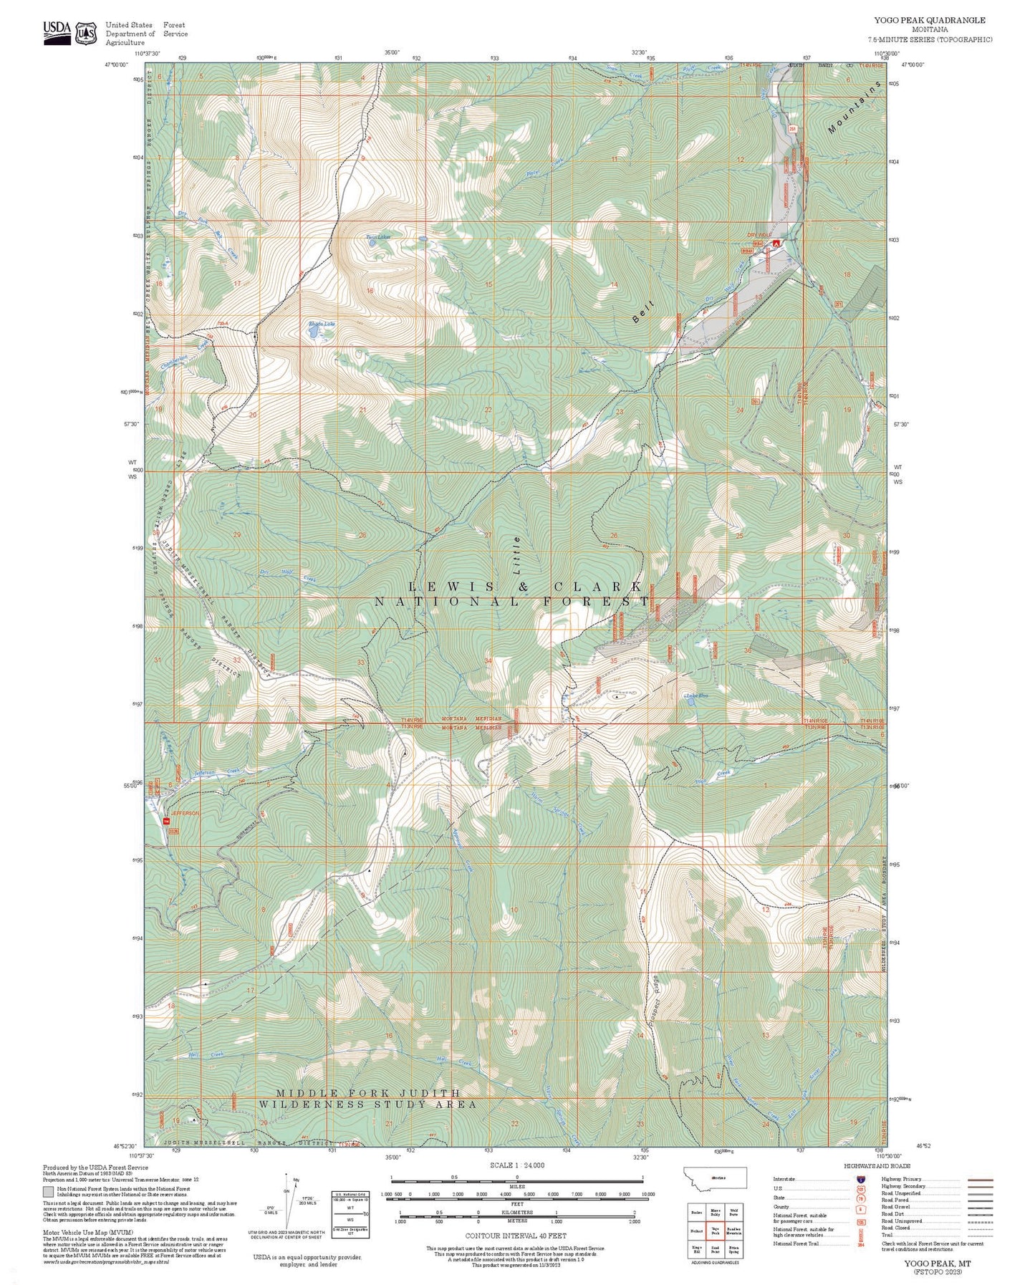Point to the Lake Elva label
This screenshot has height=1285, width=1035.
[x=696, y=696]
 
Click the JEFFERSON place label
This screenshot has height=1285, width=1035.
[x=183, y=814]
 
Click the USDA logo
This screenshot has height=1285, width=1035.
[x=57, y=32]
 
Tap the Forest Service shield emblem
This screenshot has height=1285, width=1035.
[x=87, y=32]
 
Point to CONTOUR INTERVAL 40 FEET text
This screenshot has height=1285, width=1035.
[x=516, y=1236]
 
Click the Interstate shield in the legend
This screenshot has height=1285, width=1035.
[x=859, y=1178]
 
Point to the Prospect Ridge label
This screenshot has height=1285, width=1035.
[x=653, y=1006]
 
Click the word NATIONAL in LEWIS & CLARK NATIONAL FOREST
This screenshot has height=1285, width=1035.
[x=447, y=602]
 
